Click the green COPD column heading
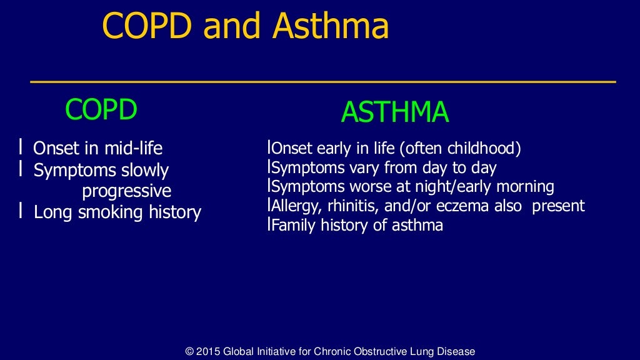tap(101, 111)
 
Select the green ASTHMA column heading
tap(394, 112)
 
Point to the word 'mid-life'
tap(134, 149)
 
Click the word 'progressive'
tap(126, 191)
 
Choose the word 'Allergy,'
tap(294, 206)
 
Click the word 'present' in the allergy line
tap(558, 206)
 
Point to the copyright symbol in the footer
tap(189, 352)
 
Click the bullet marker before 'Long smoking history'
tap(21, 212)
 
